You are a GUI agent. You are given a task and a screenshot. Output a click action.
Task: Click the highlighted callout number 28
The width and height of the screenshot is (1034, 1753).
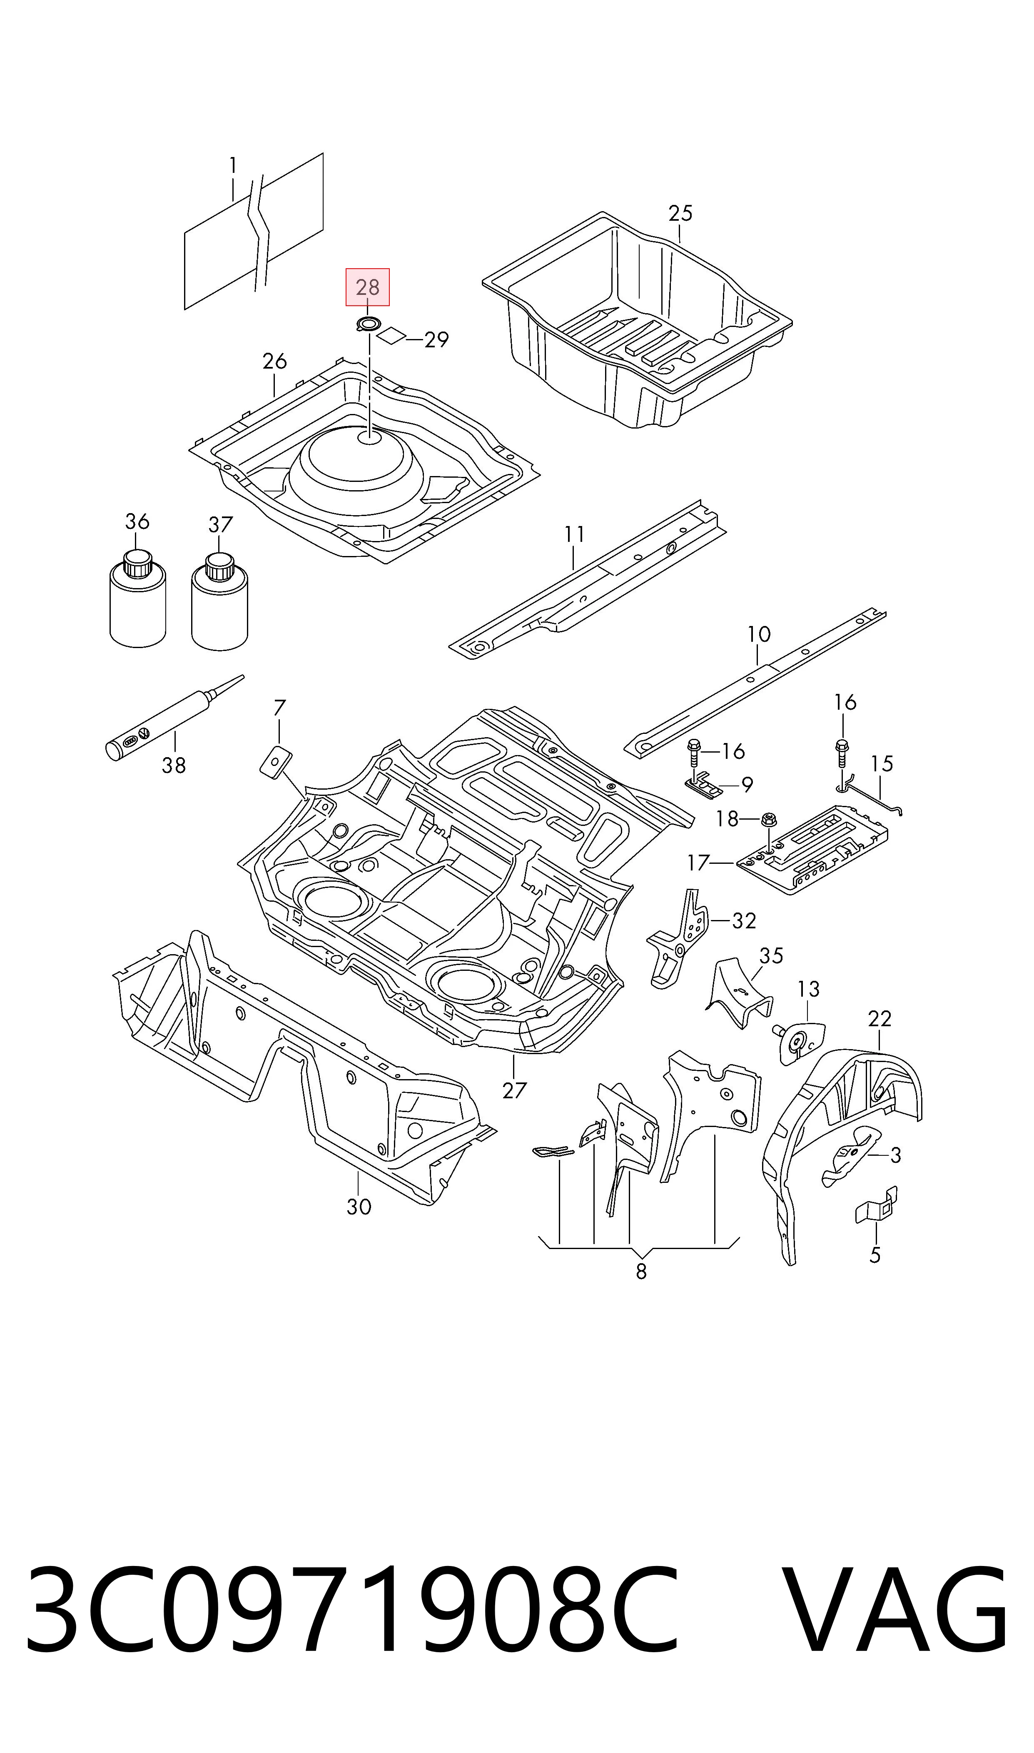pyautogui.click(x=368, y=287)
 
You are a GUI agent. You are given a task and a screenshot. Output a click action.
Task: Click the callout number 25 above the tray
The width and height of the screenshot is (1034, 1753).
pyautogui.click(x=681, y=213)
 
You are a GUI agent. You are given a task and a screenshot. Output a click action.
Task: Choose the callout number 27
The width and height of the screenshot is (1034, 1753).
pyautogui.click(x=514, y=1090)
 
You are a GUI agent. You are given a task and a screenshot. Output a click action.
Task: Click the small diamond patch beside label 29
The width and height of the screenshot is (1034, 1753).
pyautogui.click(x=391, y=336)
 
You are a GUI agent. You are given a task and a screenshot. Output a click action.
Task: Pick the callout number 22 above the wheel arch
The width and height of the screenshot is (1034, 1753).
pyautogui.click(x=880, y=1019)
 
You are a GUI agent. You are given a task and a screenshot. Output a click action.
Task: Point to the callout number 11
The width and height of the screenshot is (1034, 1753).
pyautogui.click(x=574, y=534)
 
